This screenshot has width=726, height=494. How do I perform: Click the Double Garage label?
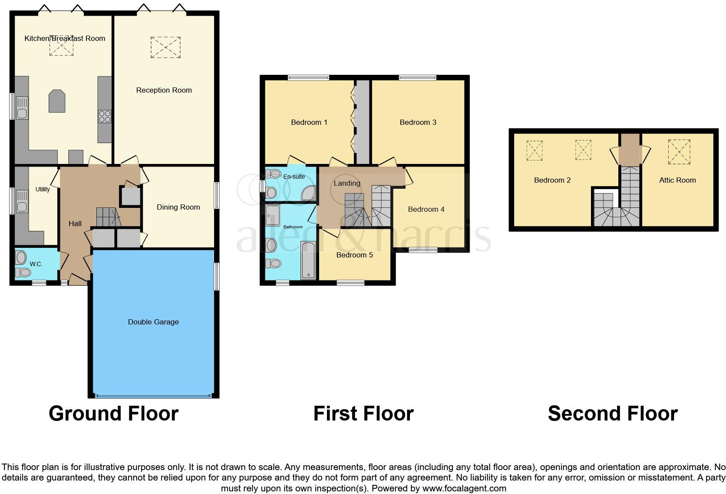tap(153, 322)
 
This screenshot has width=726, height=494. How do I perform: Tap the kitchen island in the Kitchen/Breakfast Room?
tap(57, 101)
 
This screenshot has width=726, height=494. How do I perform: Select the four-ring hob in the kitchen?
tap(105, 117)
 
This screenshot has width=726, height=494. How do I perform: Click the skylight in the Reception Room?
tap(165, 47)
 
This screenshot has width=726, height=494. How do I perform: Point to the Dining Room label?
tap(178, 207)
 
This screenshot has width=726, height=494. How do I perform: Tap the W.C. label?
tap(36, 264)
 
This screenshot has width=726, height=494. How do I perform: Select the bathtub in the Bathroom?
tap(308, 260)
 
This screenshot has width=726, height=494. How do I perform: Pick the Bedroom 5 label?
tap(354, 255)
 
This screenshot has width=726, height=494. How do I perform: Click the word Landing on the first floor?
tap(346, 183)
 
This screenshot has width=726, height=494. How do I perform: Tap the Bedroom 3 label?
tap(418, 122)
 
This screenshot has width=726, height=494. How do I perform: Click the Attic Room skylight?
tap(679, 152)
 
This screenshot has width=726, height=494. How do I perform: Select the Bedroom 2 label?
tap(552, 180)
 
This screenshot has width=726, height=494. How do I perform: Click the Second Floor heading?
tap(612, 413)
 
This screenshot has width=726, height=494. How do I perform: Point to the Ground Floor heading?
tap(113, 413)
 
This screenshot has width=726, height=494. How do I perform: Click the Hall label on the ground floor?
tap(75, 224)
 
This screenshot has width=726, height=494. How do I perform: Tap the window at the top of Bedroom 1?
tap(308, 78)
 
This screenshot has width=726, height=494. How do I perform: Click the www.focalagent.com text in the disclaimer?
tap(464, 488)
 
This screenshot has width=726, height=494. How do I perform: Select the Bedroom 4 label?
tap(426, 209)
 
